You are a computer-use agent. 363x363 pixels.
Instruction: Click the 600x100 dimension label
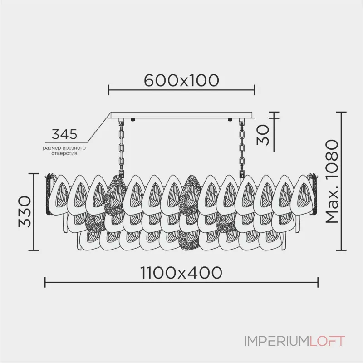[x=181, y=80]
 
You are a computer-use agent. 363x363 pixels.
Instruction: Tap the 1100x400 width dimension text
[x=181, y=272]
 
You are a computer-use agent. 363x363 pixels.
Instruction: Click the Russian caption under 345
[x=64, y=151]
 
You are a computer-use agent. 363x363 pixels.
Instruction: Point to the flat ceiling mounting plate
[x=181, y=116]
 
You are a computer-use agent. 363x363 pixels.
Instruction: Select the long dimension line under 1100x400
[x=181, y=283]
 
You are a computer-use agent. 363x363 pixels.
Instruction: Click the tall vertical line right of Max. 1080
[x=343, y=181]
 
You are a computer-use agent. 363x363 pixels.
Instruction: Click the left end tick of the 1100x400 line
[x=44, y=283]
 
